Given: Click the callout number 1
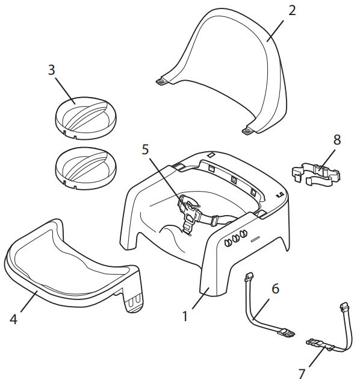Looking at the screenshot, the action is coord(185,316).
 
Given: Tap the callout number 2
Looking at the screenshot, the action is coord(292,11).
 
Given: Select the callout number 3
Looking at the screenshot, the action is coord(51,70).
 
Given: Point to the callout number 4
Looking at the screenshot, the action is coord(13,319).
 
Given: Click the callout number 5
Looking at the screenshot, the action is coord(145,149).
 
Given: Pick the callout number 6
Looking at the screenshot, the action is coord(276,289).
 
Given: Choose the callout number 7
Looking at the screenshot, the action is coord(302,374).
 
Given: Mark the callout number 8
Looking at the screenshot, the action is coord(337,139).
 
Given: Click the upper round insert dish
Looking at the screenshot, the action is coord(85,118).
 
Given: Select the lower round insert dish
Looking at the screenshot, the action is coord(85,168).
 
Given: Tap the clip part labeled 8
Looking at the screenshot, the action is coord(316,174).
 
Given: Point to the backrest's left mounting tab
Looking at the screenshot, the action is coord(161,81).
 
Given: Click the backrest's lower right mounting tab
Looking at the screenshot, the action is coord(247,131).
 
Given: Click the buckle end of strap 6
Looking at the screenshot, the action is coord(287,333).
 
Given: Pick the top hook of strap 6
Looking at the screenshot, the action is coord(249,277).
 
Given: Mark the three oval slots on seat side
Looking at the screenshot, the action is coord(235,237).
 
